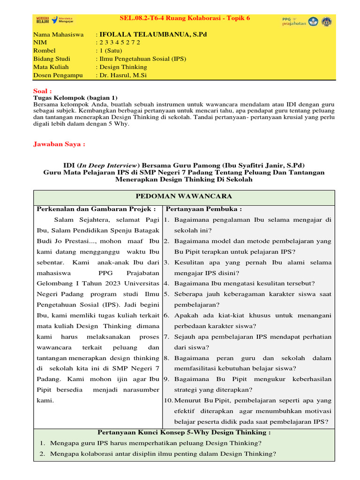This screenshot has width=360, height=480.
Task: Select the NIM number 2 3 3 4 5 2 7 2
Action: pyautogui.click(x=120, y=43)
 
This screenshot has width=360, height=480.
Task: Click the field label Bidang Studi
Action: pyautogui.click(x=52, y=59)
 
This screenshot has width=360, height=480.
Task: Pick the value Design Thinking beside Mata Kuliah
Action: pyautogui.click(x=123, y=67)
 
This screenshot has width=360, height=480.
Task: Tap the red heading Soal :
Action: pyautogui.click(x=43, y=91)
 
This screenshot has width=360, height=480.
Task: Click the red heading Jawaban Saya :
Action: pyautogui.click(x=59, y=144)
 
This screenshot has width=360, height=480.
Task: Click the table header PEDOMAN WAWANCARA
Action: pyautogui.click(x=184, y=196)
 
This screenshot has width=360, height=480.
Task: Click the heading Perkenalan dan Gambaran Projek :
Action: pyautogui.click(x=96, y=209)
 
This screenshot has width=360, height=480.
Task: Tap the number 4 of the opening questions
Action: pyautogui.click(x=166, y=283)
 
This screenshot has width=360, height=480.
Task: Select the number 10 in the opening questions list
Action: pyautogui.click(x=168, y=400)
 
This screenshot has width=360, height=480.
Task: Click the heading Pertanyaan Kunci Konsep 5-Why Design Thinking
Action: pyautogui.click(x=184, y=432)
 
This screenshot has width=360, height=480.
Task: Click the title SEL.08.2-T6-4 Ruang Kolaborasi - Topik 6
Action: pyautogui.click(x=185, y=18)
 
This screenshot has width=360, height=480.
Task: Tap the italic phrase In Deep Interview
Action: pyautogui.click(x=108, y=165)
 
